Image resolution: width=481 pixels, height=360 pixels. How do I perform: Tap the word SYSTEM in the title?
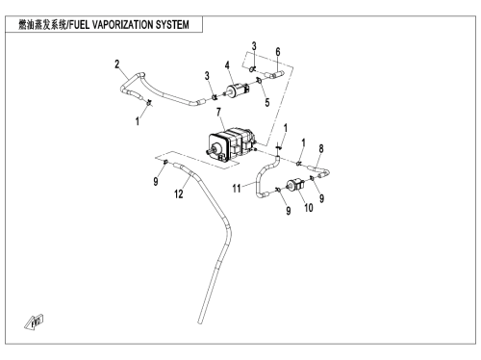(x=172, y=25)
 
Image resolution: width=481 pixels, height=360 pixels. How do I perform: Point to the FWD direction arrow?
(x=34, y=321)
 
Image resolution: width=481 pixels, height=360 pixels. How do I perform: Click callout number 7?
(x=218, y=113)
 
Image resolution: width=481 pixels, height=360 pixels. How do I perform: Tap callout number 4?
(x=227, y=65)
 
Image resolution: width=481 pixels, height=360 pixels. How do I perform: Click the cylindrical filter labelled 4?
(x=238, y=89)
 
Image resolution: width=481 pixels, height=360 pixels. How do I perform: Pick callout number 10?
(x=309, y=208)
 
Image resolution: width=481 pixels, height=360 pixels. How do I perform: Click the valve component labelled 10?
(x=295, y=185)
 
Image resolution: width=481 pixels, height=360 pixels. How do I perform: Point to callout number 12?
(x=179, y=193)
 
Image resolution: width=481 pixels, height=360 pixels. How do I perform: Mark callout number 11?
(x=237, y=189)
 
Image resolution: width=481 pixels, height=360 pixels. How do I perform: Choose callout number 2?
(x=117, y=64)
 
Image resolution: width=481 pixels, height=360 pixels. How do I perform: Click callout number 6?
(x=278, y=52)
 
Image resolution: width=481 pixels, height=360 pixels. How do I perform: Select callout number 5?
(x=267, y=103)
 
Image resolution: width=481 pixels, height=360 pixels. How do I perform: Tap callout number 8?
(x=321, y=149)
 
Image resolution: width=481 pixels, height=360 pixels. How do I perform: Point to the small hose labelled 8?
(x=319, y=170)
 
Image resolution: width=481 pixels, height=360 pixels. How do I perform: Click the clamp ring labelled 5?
(x=259, y=81)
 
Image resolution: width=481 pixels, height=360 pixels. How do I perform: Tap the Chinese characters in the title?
(x=42, y=25)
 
